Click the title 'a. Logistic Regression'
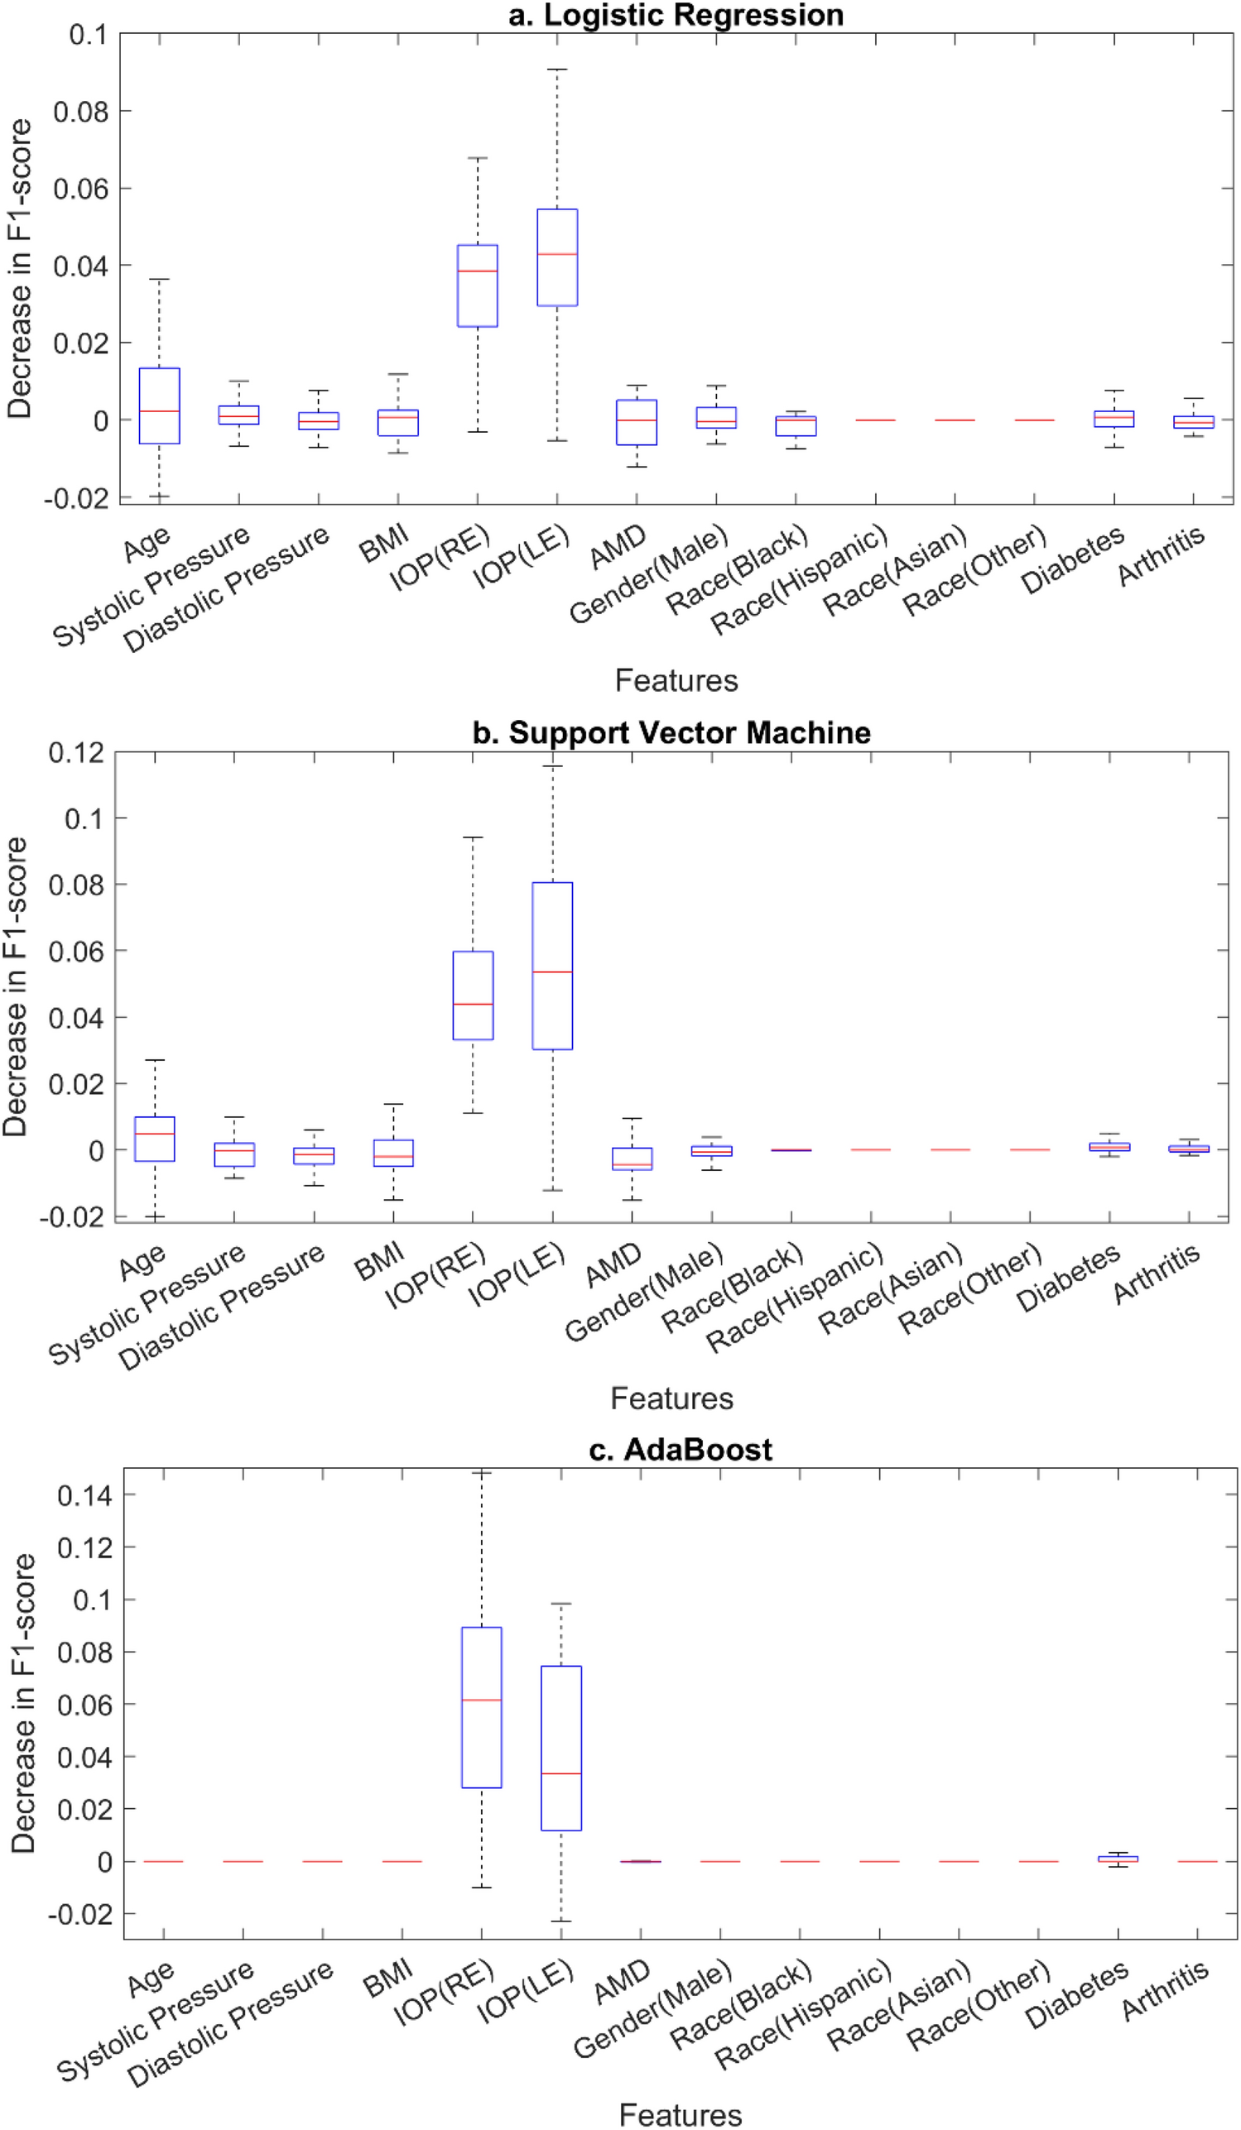pyautogui.click(x=676, y=15)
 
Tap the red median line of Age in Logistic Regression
pyautogui.click(x=159, y=410)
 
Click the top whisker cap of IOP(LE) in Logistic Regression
pyautogui.click(x=557, y=70)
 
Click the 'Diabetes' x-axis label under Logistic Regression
pyautogui.click(x=1072, y=559)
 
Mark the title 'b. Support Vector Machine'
pyautogui.click(x=671, y=732)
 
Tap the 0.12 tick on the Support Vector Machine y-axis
pyautogui.click(x=76, y=752)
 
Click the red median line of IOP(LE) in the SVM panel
pyautogui.click(x=552, y=972)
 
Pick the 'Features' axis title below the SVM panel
pyautogui.click(x=671, y=1398)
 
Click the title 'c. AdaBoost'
pyautogui.click(x=680, y=1450)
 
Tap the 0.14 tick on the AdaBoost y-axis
pyautogui.click(x=84, y=1496)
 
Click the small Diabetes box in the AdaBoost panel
pyautogui.click(x=1118, y=1859)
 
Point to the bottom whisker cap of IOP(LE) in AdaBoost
pyautogui.click(x=560, y=1921)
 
